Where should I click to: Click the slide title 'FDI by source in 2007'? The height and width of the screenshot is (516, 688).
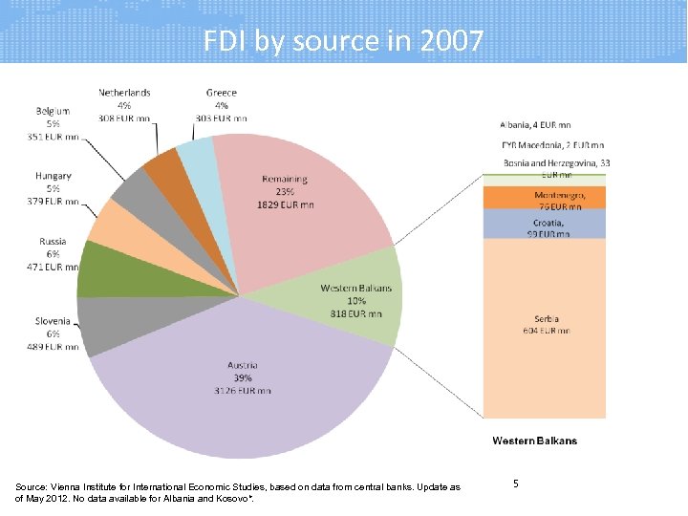click(343, 41)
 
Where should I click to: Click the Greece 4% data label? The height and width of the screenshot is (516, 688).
click(222, 105)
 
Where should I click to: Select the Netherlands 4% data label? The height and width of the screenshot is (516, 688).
click(124, 105)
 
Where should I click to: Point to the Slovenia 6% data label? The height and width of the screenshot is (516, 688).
click(52, 333)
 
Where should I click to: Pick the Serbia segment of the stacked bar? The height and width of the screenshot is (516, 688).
click(545, 325)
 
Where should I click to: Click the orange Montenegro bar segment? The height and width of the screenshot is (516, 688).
click(545, 198)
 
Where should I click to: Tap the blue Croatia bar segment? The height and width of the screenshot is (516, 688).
click(545, 224)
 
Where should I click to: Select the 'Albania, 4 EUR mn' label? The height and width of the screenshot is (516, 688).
click(536, 124)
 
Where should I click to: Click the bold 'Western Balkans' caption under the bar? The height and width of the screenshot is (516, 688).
click(534, 441)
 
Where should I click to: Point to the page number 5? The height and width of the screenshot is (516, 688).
click(516, 484)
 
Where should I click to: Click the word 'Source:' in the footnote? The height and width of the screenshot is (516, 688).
click(34, 487)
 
